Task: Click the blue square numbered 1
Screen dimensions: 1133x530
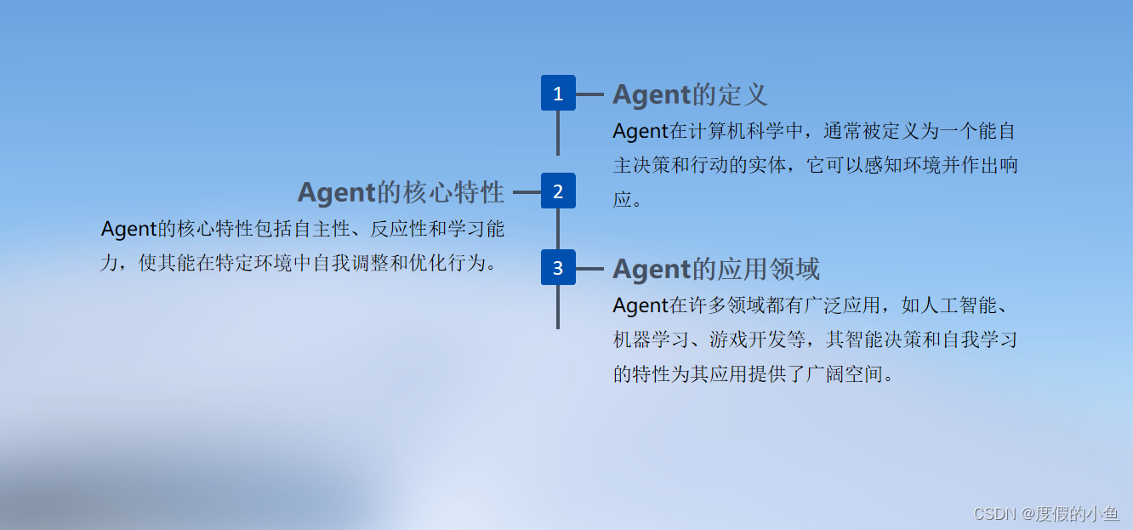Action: coord(558,94)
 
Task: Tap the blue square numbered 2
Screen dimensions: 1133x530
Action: coord(558,191)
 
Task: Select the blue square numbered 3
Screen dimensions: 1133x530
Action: coord(558,268)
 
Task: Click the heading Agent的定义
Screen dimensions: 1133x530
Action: coord(690,94)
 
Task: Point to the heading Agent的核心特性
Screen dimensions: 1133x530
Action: coord(401,192)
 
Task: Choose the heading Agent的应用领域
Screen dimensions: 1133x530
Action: coord(716,269)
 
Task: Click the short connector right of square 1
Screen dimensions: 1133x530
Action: coord(589,94)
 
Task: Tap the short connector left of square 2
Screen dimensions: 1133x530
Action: coord(527,192)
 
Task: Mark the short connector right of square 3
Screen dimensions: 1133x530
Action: coord(589,269)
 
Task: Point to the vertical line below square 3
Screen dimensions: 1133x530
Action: coord(558,307)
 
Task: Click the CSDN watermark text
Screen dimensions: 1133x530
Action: coord(1045,513)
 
